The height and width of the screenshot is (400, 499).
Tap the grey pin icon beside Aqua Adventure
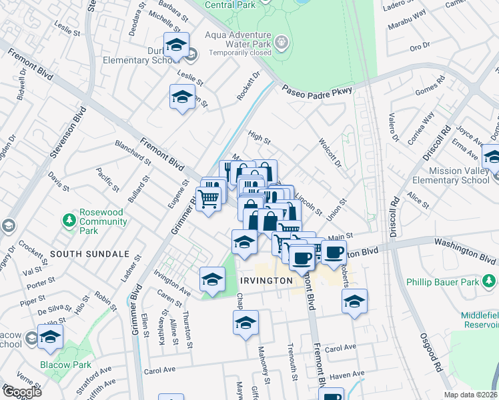(283, 43)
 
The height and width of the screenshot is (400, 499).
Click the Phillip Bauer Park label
(443, 282)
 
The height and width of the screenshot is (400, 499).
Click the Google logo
(22, 391)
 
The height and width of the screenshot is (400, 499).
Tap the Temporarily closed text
(240, 53)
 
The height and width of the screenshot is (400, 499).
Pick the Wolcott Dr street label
(330, 154)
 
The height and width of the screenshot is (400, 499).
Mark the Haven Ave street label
(348, 375)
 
